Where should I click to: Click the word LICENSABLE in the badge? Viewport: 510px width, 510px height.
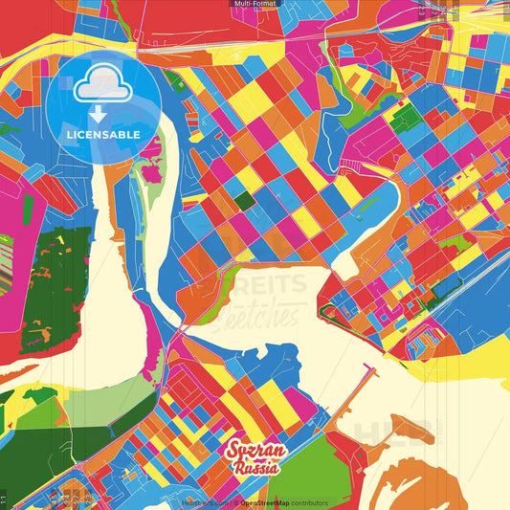(103, 135)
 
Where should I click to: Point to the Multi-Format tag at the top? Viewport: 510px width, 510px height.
(255, 4)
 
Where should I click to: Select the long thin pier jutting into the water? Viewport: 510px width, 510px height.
(354, 391)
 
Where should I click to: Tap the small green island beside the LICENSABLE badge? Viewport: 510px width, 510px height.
(151, 173)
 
